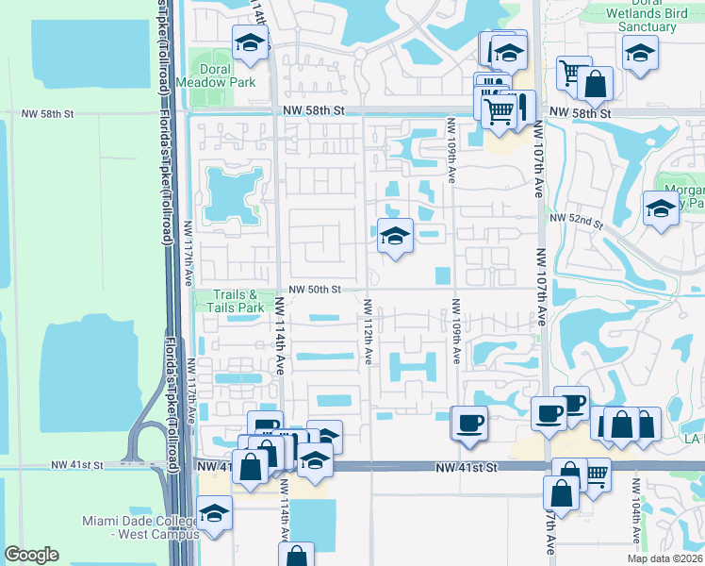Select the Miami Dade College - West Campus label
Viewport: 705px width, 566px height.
pos(141,528)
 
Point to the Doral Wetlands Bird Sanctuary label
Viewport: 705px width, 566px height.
pos(642,17)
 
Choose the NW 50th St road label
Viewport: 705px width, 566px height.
pos(315,289)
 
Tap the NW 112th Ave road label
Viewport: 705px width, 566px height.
pos(367,332)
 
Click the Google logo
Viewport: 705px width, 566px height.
pos(31,555)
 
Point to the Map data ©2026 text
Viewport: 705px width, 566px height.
pos(664,558)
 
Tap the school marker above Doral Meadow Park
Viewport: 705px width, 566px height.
pos(251,43)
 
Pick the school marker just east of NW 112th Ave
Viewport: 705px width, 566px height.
pos(395,236)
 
